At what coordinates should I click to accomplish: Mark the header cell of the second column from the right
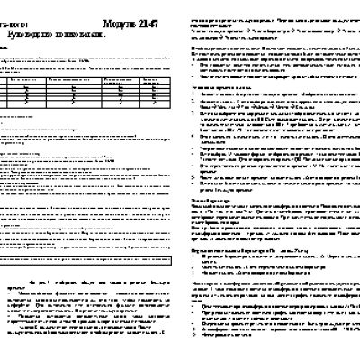coord(122,80)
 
